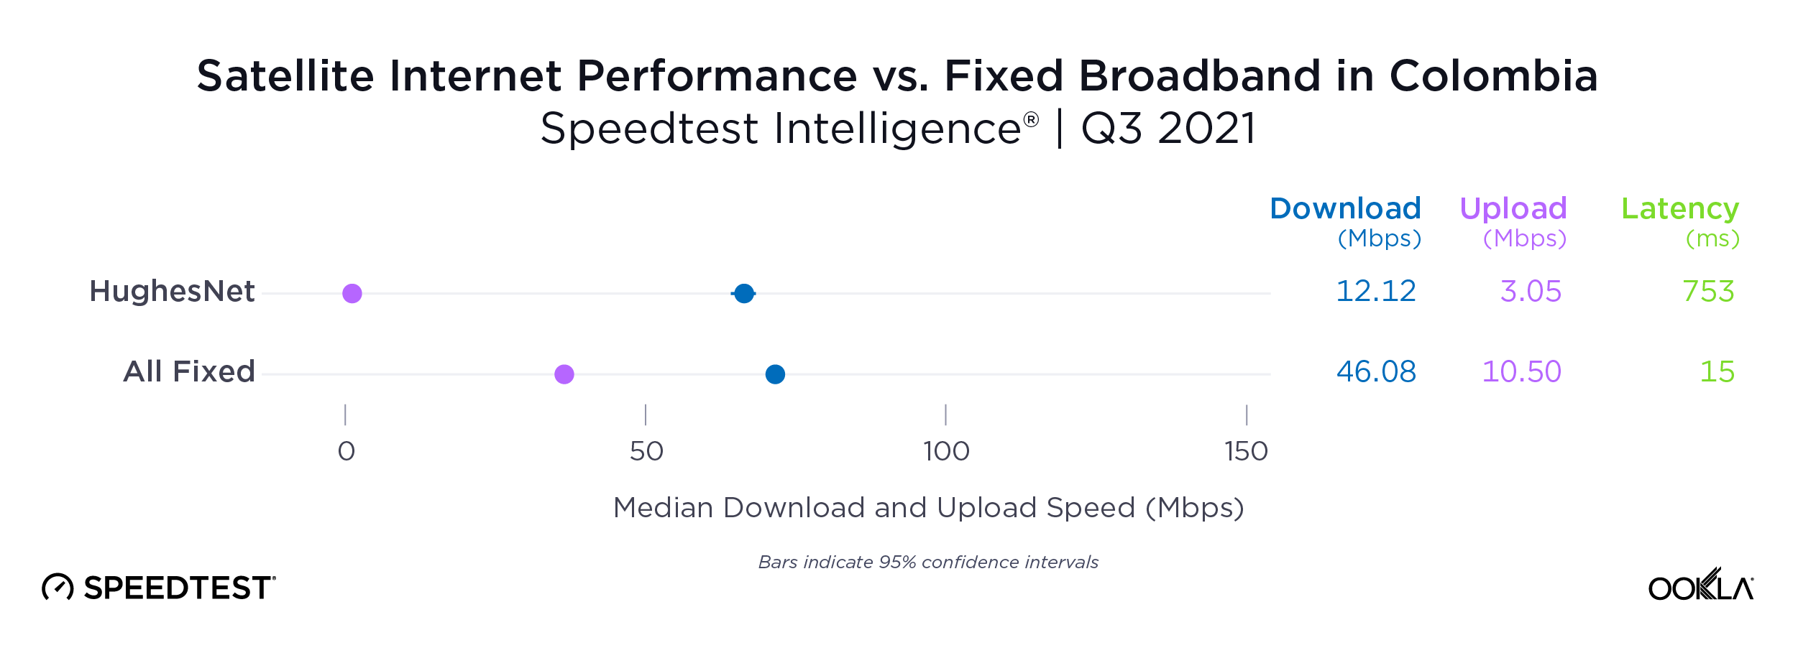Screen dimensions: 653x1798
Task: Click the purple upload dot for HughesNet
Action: point(352,293)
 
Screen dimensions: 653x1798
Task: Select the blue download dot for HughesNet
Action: point(744,293)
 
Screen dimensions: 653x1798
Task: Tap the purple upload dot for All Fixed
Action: point(564,374)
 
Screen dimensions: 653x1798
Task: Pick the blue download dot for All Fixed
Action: point(775,374)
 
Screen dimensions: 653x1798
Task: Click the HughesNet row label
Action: point(172,292)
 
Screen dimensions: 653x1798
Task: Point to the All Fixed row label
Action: point(189,372)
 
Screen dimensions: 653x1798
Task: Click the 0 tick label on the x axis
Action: point(347,452)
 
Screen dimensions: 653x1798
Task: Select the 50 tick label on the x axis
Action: point(646,452)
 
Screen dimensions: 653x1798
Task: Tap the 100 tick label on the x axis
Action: point(946,452)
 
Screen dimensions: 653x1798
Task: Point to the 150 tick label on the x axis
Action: point(1246,452)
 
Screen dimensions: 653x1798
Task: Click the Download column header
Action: point(1345,209)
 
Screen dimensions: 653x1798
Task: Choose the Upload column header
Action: point(1513,209)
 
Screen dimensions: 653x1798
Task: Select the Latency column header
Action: point(1680,209)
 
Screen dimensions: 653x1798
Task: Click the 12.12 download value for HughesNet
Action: point(1376,292)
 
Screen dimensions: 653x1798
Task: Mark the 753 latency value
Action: point(1708,292)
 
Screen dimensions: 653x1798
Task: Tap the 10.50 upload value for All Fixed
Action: point(1522,372)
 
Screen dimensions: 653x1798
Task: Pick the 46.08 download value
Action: point(1376,372)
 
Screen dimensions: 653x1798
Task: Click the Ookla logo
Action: point(1701,585)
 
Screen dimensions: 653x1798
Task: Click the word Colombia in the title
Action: point(1493,76)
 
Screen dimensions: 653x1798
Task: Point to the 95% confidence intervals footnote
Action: point(928,562)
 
